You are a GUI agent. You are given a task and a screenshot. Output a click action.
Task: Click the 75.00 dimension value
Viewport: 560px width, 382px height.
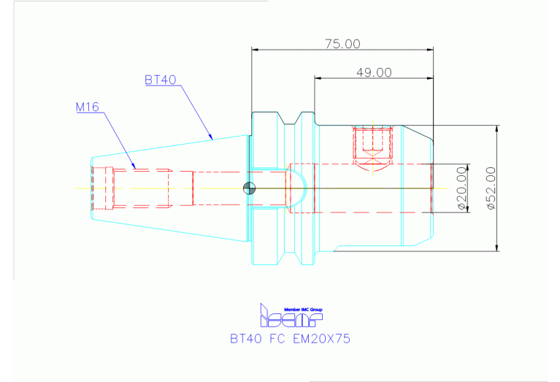pos(342,44)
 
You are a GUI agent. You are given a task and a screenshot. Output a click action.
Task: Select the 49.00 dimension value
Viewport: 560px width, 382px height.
pos(374,72)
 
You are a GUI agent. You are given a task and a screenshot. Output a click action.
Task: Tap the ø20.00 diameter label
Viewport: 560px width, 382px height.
pos(461,188)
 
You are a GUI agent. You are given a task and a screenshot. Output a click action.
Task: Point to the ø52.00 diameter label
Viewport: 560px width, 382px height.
pos(491,188)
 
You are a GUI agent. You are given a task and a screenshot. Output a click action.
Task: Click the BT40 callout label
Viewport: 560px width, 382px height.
pos(161,80)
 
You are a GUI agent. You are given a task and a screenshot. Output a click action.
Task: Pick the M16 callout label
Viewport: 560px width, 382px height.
pos(87,107)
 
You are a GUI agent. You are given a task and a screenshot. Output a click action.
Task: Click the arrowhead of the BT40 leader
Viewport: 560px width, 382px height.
pos(211,137)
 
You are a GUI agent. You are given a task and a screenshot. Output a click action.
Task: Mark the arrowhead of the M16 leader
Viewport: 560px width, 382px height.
pos(134,166)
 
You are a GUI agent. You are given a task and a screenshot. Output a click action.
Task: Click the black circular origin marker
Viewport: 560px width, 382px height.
pos(249,188)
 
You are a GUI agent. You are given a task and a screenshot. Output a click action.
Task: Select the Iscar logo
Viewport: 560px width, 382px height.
pos(291,316)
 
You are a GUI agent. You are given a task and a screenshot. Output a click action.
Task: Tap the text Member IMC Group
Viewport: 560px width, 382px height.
pos(303,310)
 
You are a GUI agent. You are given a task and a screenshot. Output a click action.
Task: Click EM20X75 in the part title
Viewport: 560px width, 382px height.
pos(321,338)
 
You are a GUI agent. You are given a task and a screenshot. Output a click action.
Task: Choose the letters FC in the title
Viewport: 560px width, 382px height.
pos(277,338)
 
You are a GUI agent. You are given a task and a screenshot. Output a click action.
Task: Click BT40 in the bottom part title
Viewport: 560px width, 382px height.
pos(246,338)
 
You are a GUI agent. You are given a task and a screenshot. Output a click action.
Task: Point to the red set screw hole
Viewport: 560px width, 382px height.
pos(373,143)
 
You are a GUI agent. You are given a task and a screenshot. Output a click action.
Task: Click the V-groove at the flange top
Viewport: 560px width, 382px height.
pos(290,120)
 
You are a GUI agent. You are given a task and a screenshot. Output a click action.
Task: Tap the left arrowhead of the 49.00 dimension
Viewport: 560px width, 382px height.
pos(318,78)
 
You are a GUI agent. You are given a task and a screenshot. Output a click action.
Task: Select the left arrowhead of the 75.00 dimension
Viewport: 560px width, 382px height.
pos(255,50)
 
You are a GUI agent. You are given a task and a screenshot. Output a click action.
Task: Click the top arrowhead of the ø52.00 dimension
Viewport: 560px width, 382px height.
pos(496,129)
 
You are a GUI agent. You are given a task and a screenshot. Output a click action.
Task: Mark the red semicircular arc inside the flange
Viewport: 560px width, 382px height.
pos(306,188)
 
